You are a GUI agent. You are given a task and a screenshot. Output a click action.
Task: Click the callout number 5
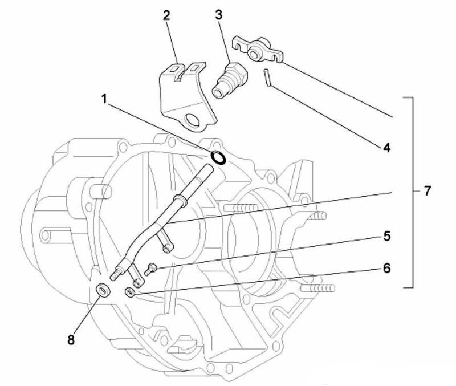pos(386,234)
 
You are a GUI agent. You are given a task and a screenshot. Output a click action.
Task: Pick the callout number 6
pos(386,268)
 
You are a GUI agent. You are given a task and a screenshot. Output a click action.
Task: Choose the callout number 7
pos(428,191)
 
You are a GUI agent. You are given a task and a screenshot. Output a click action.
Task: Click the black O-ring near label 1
pos(218,157)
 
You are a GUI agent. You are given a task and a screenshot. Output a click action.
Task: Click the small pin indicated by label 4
pos(267,78)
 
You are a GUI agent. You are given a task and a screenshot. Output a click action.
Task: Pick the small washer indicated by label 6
pos(130,293)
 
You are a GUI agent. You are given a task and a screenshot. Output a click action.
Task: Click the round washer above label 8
pos(103,290)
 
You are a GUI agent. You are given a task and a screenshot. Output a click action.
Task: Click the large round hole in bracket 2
pos(193,120)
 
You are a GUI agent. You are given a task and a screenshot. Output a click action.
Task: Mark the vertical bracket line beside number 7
pos(411,191)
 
